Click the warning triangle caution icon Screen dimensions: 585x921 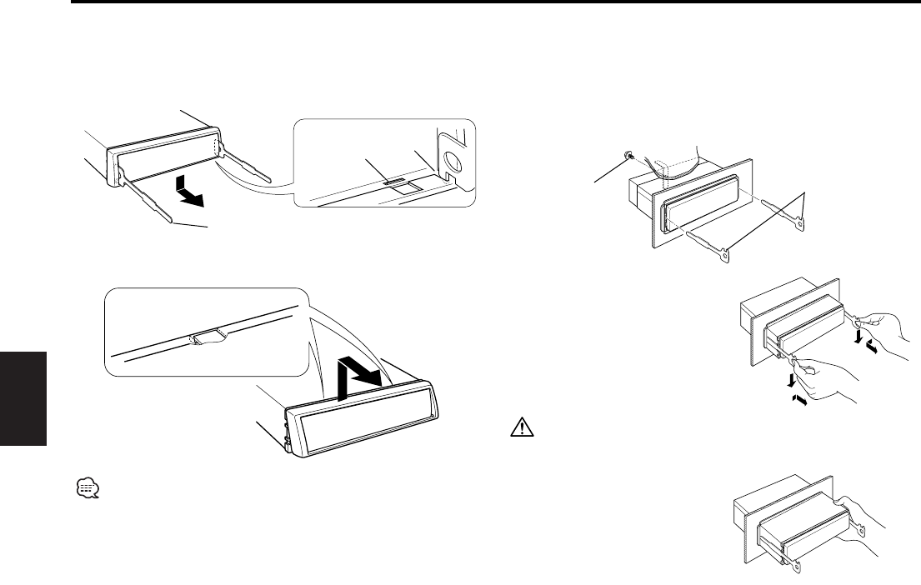click(518, 429)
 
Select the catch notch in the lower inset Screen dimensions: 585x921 click(206, 337)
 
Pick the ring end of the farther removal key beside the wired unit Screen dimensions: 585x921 click(800, 222)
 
